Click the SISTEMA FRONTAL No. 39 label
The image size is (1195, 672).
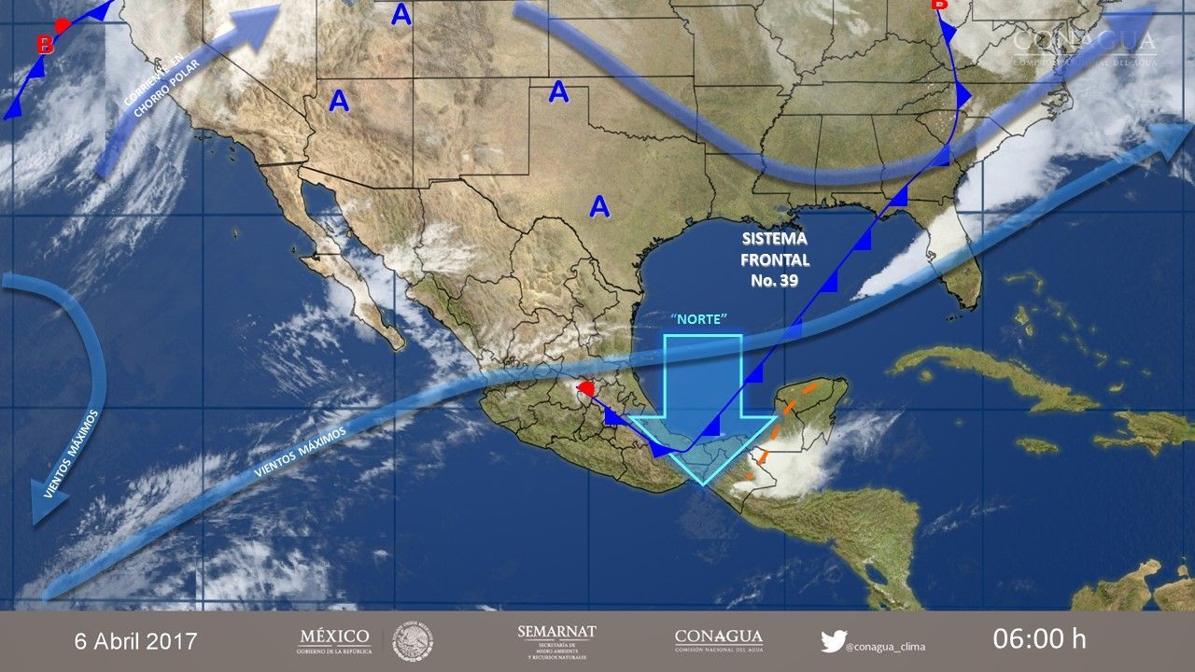(x=775, y=259)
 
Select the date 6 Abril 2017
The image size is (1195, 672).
(x=136, y=641)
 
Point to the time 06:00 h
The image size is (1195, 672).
(x=1039, y=639)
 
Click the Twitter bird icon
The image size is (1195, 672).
(x=833, y=641)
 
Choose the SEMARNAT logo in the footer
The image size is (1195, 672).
(x=556, y=640)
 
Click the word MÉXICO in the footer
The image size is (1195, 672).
(x=333, y=637)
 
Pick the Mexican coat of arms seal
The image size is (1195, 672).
(x=413, y=641)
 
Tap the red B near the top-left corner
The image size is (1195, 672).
(x=44, y=44)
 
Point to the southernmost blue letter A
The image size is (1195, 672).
(x=599, y=207)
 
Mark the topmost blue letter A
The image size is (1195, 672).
(x=401, y=14)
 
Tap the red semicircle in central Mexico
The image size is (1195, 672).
(x=584, y=387)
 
